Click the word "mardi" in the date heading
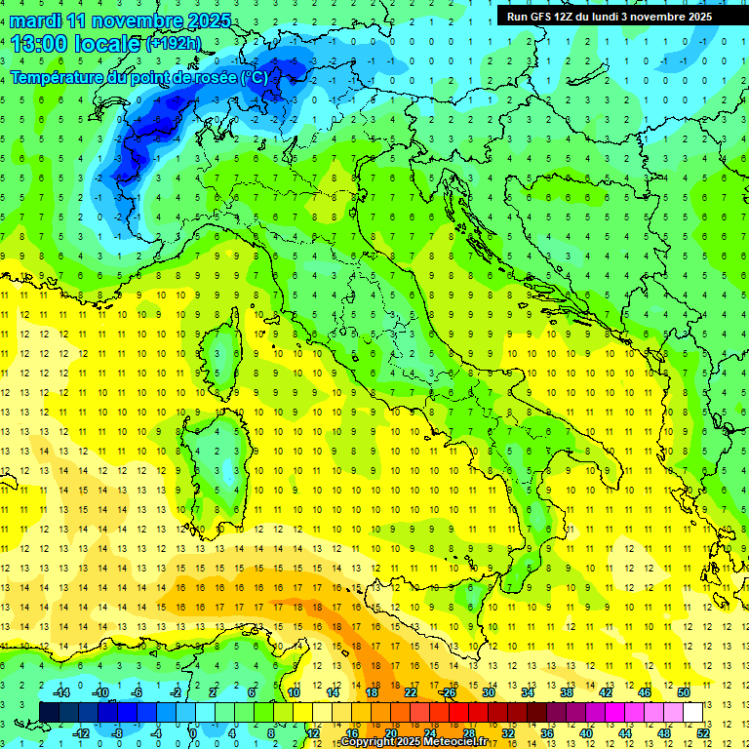click(x=36, y=20)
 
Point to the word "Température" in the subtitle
click(x=58, y=77)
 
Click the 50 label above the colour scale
click(x=684, y=692)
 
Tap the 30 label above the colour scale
click(x=489, y=692)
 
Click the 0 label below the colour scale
click(x=193, y=733)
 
